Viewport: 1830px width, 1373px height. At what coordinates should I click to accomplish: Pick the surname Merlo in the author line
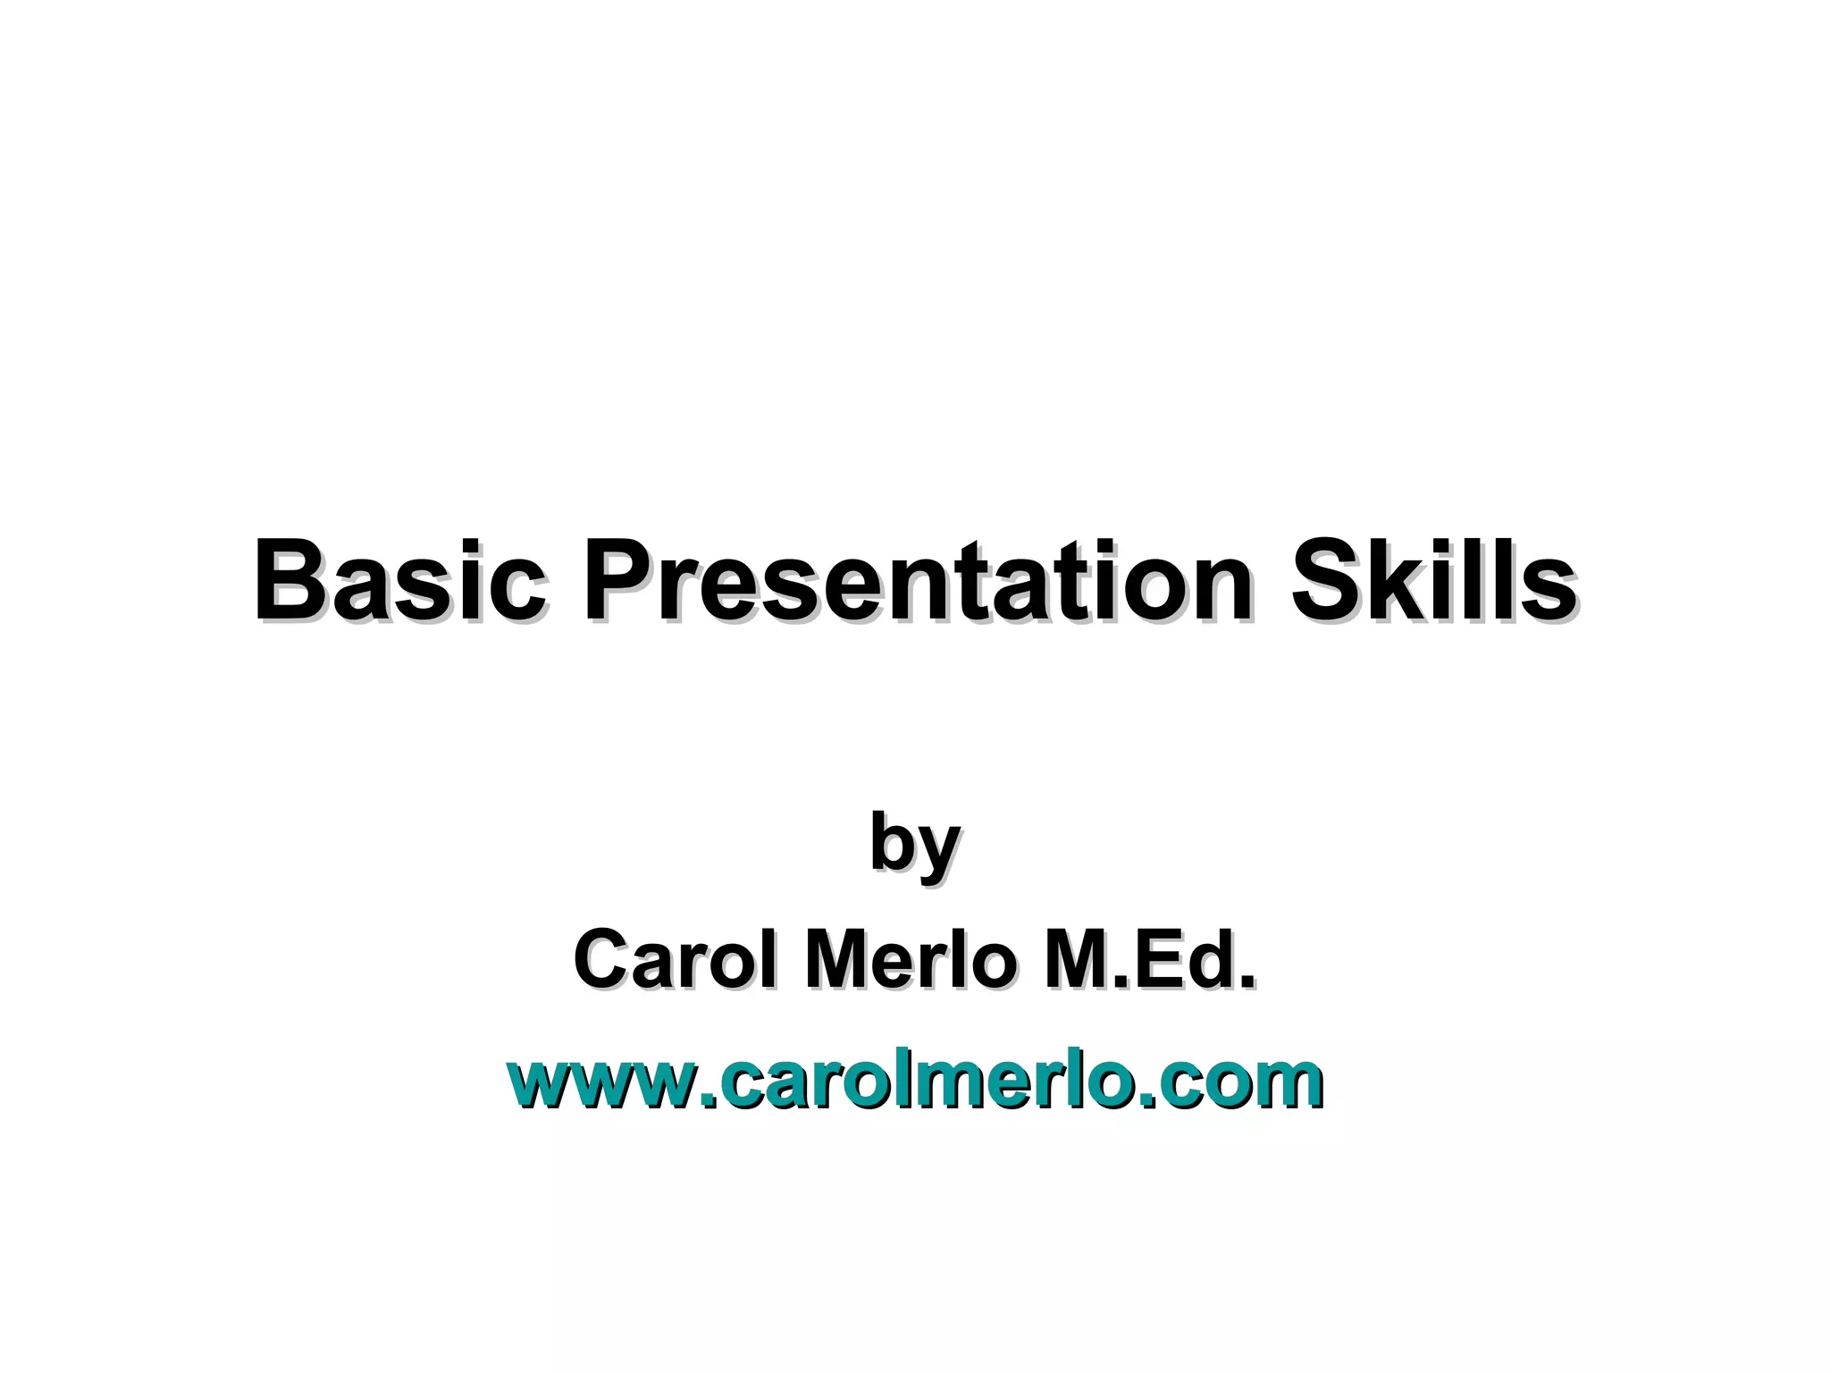pyautogui.click(x=911, y=959)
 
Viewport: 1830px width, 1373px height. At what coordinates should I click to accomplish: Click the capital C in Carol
pyautogui.click(x=601, y=959)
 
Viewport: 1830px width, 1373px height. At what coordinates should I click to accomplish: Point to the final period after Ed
pyautogui.click(x=1247, y=981)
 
